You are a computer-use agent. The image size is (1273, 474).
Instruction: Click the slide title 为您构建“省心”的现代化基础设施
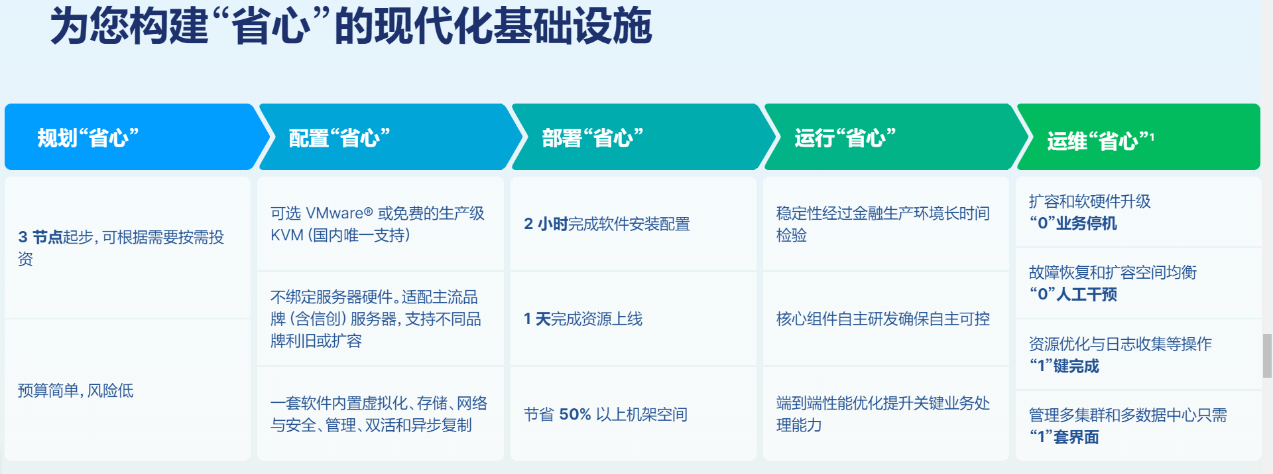[x=351, y=27]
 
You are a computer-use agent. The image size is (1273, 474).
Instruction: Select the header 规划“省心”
[x=88, y=138]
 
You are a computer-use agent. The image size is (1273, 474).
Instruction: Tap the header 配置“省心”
[x=339, y=138]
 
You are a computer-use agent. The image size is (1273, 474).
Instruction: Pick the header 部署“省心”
[x=593, y=138]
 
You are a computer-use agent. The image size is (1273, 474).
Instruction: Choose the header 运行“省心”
[x=845, y=138]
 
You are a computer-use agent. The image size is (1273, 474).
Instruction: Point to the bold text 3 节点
[x=40, y=237]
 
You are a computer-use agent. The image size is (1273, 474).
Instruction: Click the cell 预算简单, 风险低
[x=76, y=390]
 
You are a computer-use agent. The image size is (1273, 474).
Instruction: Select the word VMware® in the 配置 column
[x=339, y=213]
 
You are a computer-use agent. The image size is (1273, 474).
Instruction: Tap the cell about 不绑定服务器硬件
[x=376, y=319]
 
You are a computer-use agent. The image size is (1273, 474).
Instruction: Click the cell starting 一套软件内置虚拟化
[x=379, y=414]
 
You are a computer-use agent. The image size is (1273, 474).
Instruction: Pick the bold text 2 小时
[x=546, y=224]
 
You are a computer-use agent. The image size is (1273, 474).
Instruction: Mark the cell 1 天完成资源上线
[x=583, y=319]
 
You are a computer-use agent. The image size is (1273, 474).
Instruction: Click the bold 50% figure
[x=575, y=414]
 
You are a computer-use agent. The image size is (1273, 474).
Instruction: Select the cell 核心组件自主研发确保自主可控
[x=883, y=319]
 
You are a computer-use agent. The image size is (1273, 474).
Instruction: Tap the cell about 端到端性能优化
[x=883, y=414]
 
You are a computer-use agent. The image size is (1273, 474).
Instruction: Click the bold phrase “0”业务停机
[x=1073, y=223]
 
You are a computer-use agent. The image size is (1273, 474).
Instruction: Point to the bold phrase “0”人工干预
[x=1073, y=294]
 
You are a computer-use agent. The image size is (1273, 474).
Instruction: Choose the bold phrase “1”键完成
[x=1064, y=366]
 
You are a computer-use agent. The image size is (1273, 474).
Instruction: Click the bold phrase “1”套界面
[x=1064, y=437]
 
